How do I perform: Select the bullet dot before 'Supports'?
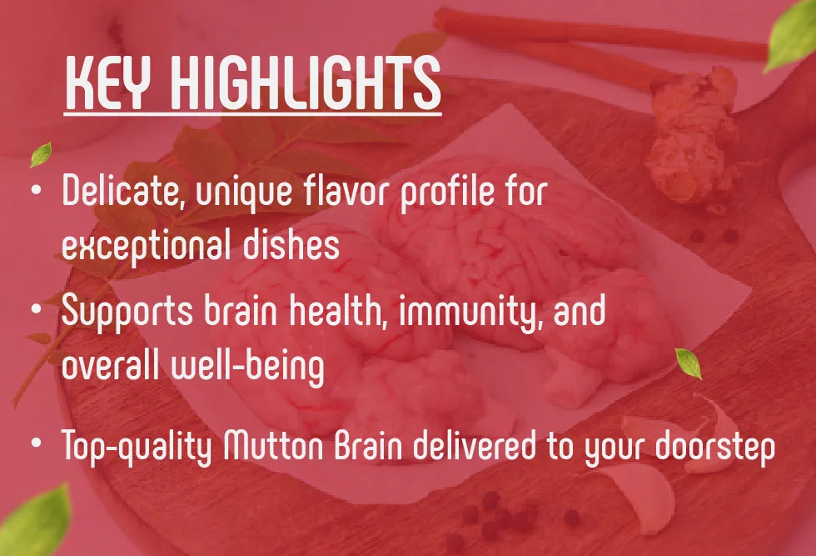click(36, 309)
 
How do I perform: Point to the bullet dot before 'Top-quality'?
click(36, 441)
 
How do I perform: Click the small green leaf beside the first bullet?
click(39, 154)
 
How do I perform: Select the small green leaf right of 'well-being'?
click(688, 363)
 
